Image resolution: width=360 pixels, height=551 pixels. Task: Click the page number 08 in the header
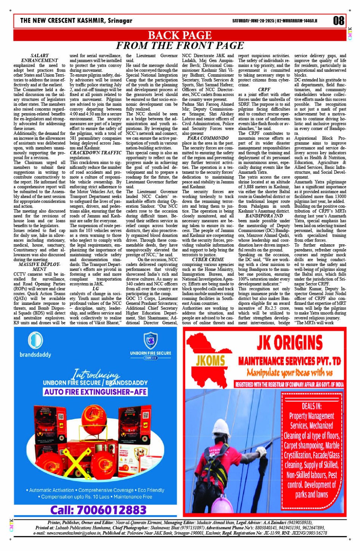(339, 21)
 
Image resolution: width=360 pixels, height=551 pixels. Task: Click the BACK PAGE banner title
(179, 35)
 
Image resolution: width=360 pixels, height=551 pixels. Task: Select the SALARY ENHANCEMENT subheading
(40, 58)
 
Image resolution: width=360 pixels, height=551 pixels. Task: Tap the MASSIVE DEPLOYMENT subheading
(40, 266)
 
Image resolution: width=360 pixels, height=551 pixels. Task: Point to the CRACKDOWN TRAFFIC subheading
(96, 152)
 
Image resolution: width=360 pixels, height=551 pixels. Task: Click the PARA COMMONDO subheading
(208, 138)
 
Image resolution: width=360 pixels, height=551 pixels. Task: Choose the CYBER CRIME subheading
(208, 259)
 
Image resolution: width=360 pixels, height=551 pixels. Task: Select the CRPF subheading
(264, 90)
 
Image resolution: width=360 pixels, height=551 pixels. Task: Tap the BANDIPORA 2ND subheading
(264, 216)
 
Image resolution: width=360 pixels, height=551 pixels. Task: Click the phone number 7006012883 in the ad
(98, 510)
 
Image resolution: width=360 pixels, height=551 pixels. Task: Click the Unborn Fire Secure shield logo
(150, 340)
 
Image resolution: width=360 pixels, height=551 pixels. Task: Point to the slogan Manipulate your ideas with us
(290, 372)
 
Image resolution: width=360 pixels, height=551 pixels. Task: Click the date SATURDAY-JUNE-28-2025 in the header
(253, 21)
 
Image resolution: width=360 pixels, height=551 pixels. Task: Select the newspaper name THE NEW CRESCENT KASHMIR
(76, 21)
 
